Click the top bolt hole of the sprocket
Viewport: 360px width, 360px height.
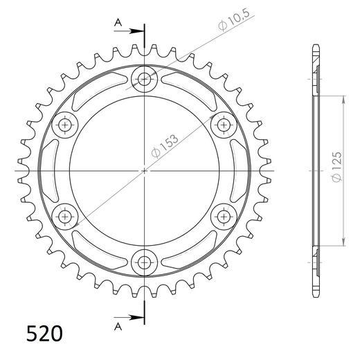pos(144,80)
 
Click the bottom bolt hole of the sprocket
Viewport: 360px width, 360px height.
pos(144,261)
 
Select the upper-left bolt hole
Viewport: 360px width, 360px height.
pos(66,125)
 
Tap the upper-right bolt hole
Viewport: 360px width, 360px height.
pos(223,125)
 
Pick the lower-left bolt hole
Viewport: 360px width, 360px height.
pos(66,216)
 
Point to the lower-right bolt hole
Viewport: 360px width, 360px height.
pos(223,216)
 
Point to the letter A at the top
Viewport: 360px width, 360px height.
pos(118,23)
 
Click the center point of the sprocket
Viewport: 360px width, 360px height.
pos(144,170)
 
